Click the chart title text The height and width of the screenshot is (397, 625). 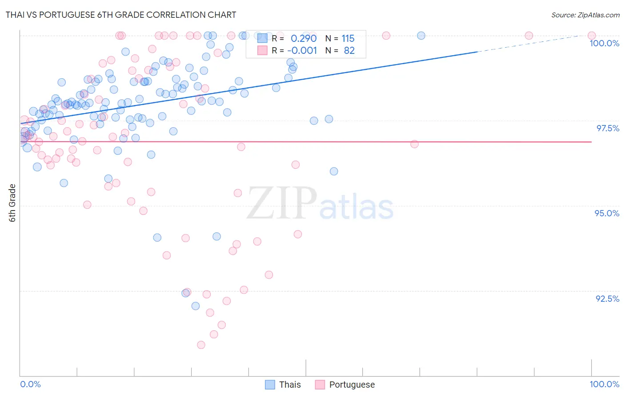[x=120, y=15]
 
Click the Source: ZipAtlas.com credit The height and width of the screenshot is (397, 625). [x=585, y=15]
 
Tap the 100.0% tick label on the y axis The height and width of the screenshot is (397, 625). [x=604, y=43]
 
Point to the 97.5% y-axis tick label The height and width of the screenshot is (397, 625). [x=607, y=128]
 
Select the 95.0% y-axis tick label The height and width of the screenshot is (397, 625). [x=607, y=213]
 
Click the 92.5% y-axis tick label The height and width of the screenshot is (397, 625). [x=607, y=299]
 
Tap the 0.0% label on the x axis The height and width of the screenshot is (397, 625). [x=31, y=384]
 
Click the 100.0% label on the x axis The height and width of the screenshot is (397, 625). [x=604, y=384]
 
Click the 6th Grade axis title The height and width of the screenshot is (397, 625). [x=12, y=203]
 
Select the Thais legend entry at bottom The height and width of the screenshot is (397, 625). [x=283, y=385]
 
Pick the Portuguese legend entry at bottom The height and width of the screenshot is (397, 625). [x=345, y=385]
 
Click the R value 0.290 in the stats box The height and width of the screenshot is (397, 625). [x=304, y=38]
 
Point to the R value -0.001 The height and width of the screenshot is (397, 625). [x=302, y=51]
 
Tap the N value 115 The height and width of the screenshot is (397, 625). [x=348, y=38]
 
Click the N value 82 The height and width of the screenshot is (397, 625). [x=349, y=51]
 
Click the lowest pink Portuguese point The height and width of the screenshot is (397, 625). [x=201, y=345]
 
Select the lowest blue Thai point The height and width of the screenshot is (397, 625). [x=196, y=306]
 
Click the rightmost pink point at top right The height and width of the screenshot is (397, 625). [x=592, y=36]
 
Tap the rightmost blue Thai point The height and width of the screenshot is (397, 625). [x=421, y=36]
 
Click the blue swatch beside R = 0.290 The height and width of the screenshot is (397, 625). [x=263, y=38]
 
